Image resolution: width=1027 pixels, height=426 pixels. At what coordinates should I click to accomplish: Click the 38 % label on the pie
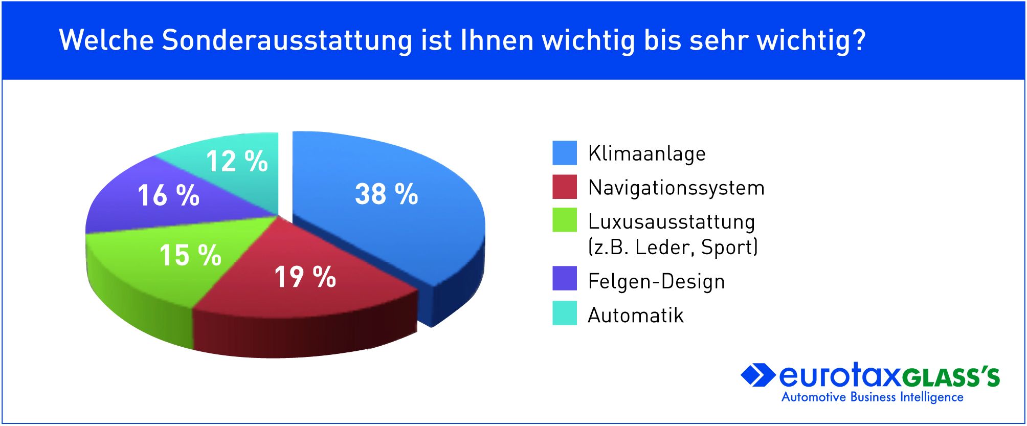(387, 194)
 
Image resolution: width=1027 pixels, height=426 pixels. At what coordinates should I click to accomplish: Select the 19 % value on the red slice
(305, 277)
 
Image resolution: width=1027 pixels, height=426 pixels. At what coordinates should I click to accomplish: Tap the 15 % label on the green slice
(190, 255)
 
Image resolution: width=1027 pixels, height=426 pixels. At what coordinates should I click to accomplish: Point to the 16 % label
(169, 195)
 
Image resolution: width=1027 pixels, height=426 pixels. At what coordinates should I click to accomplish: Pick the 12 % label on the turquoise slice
(237, 161)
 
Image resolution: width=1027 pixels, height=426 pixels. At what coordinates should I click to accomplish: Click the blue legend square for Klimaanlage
(565, 153)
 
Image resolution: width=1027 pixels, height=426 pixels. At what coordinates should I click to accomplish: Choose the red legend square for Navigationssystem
(565, 187)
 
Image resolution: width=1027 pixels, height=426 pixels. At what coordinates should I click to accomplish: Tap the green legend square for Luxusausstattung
(565, 220)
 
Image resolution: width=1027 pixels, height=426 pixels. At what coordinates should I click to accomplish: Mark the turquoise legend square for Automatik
(565, 313)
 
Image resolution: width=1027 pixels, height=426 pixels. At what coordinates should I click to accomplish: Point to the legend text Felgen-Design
(657, 282)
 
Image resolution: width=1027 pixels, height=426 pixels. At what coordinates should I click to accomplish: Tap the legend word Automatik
(636, 315)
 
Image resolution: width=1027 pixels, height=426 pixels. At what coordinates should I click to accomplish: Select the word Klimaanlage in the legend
(647, 154)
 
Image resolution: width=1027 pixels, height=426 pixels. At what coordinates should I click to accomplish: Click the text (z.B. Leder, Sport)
(673, 247)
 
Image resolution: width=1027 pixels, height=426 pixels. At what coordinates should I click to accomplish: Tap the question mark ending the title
(859, 39)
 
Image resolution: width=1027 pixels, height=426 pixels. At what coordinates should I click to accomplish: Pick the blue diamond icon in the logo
(757, 375)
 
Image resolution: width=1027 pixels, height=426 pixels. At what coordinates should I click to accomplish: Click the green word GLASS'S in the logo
(950, 377)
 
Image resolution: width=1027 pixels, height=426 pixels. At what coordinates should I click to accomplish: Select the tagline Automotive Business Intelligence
(873, 397)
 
